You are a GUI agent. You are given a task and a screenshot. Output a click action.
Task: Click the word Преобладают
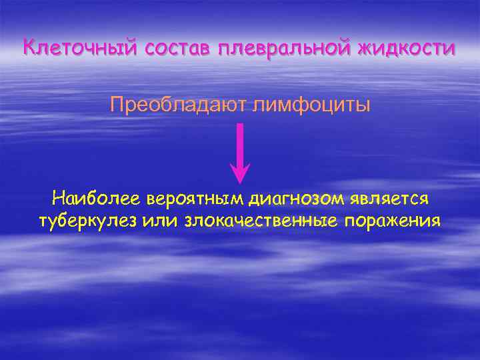coord(179,105)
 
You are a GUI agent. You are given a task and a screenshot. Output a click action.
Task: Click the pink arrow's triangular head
coord(240,173)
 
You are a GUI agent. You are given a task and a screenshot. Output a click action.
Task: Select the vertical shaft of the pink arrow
coord(240,143)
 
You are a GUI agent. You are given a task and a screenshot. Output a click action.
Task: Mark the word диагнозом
coord(293,199)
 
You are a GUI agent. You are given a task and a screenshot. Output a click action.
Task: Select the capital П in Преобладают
coord(117,105)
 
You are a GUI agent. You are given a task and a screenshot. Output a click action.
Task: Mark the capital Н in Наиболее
coord(57,199)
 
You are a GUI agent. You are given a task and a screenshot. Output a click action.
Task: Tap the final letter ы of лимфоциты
coord(363,106)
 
